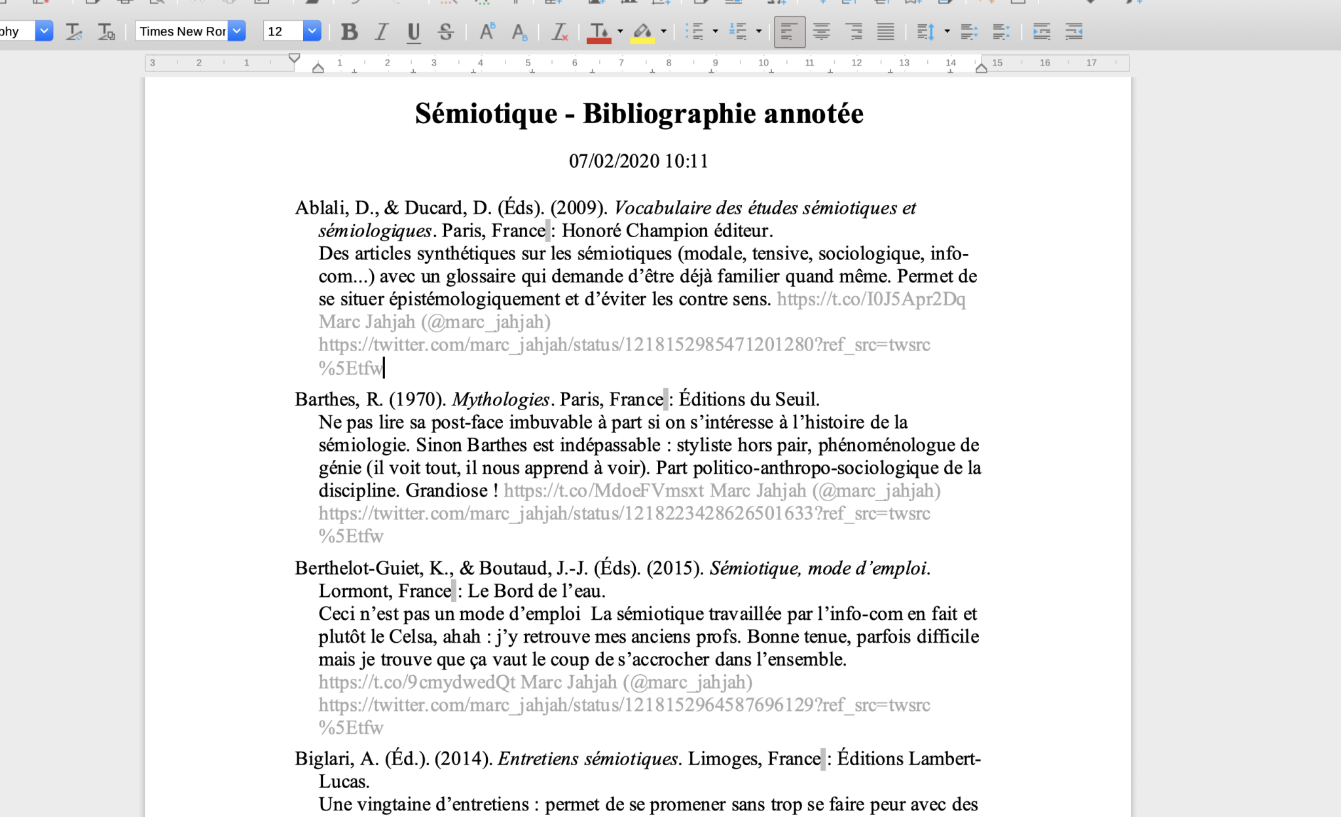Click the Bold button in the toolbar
coord(350,31)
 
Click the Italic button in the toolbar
coord(382,31)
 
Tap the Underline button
coord(413,31)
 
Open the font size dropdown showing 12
coord(312,31)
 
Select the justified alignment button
coord(885,31)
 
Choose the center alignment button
coord(821,31)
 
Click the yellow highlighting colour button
coord(642,31)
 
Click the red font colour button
coord(598,31)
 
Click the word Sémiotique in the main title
coord(486,114)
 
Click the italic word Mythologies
coord(500,400)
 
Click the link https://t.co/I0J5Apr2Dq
coord(871,299)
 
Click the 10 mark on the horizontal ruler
coord(763,63)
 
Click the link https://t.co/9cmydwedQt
coord(417,683)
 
